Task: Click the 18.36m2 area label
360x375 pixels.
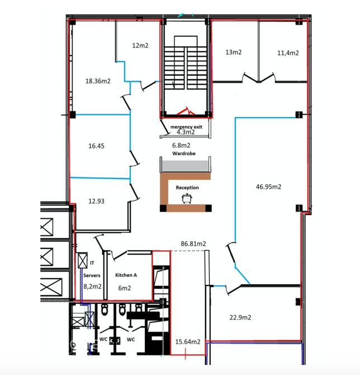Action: [x=98, y=81]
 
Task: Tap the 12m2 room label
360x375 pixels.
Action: [x=140, y=45]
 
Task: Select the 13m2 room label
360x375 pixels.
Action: [x=234, y=52]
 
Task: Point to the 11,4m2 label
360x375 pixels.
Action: [x=288, y=53]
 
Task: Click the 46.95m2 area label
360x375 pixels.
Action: [x=268, y=186]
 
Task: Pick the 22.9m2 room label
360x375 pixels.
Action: [x=240, y=317]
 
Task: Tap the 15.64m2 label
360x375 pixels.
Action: [x=188, y=342]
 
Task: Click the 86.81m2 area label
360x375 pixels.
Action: [x=193, y=243]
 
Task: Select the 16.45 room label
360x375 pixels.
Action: [x=96, y=146]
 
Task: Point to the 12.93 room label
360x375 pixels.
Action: [x=96, y=201]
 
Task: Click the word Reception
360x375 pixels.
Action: [x=187, y=187]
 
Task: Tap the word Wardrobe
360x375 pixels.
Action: [x=184, y=153]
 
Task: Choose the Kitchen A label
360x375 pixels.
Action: [x=126, y=275]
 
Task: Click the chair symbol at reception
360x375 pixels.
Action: [x=187, y=199]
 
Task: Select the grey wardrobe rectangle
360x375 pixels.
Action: [x=185, y=166]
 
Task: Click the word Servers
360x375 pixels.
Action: [x=92, y=275]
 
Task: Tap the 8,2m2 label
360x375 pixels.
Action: [x=92, y=286]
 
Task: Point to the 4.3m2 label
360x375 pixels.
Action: [x=186, y=132]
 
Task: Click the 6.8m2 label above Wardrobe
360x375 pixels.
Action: [x=181, y=145]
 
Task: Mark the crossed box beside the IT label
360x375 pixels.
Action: [x=83, y=260]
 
